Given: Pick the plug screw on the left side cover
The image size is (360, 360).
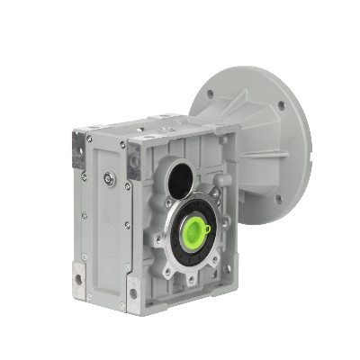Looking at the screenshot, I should click(109, 178).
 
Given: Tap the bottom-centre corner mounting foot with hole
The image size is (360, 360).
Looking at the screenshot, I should click(133, 292).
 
